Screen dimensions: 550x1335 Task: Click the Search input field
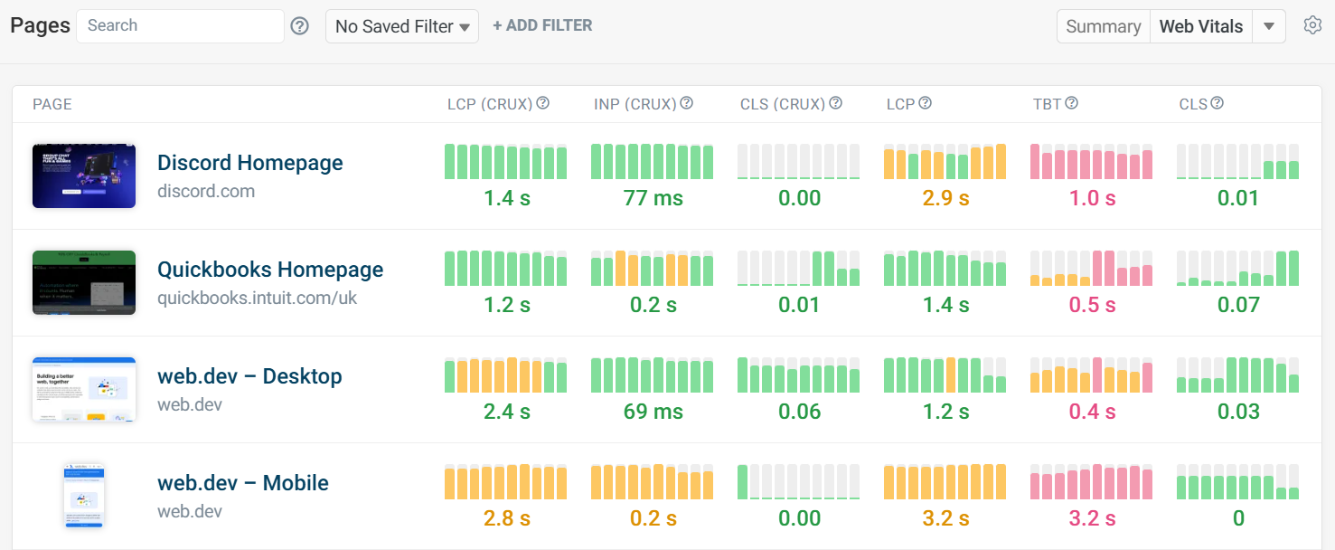pyautogui.click(x=180, y=26)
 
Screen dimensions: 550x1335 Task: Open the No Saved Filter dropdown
pyautogui.click(x=402, y=26)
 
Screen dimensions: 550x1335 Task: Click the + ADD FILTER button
pyautogui.click(x=542, y=26)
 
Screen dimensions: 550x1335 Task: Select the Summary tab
pyautogui.click(x=1103, y=26)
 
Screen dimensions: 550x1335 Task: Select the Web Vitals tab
pyautogui.click(x=1201, y=26)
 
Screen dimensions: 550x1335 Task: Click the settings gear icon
pyautogui.click(x=1313, y=25)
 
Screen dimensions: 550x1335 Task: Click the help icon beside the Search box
pyautogui.click(x=300, y=26)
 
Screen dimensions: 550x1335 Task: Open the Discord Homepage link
pyautogui.click(x=250, y=163)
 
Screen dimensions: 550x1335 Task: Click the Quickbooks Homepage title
pyautogui.click(x=270, y=270)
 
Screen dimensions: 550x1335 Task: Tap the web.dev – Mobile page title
pyautogui.click(x=243, y=483)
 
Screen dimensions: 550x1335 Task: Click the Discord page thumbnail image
pyautogui.click(x=84, y=175)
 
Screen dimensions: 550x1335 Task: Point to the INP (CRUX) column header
pyautogui.click(x=635, y=104)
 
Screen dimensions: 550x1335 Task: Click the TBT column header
pyautogui.click(x=1048, y=104)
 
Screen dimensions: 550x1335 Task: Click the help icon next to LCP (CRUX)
pyautogui.click(x=543, y=103)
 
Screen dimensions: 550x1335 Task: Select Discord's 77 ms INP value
pyautogui.click(x=653, y=198)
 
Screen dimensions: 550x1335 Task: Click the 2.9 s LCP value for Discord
pyautogui.click(x=945, y=198)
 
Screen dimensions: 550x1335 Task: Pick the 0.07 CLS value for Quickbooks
pyautogui.click(x=1238, y=305)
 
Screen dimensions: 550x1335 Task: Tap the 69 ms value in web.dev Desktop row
pyautogui.click(x=653, y=412)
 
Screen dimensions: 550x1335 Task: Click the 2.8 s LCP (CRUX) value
pyautogui.click(x=506, y=518)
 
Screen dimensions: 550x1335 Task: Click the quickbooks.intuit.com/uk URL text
pyautogui.click(x=258, y=298)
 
